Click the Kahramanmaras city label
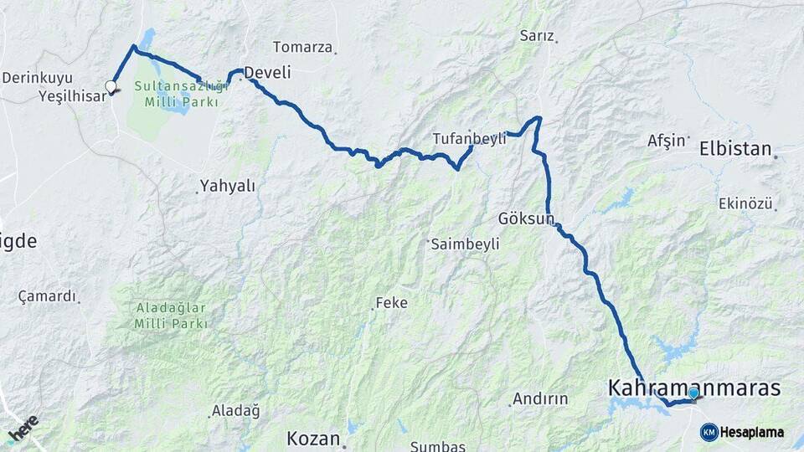coord(693,388)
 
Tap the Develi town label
coord(266,73)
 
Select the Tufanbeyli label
coord(469,139)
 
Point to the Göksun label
coord(527,218)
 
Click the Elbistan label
coord(735,149)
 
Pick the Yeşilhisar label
coord(72,95)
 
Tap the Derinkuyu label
coord(37,78)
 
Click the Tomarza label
coord(302,47)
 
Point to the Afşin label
coord(667,141)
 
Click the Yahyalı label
coord(227,185)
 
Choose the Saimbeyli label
coord(465,244)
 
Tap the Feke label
coord(391,302)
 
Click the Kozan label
coord(313,438)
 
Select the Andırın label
coord(540,398)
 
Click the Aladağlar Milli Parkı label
coord(171,315)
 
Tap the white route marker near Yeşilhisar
coord(111,85)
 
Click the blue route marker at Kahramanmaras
coord(693,393)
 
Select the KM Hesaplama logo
coord(742,432)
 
